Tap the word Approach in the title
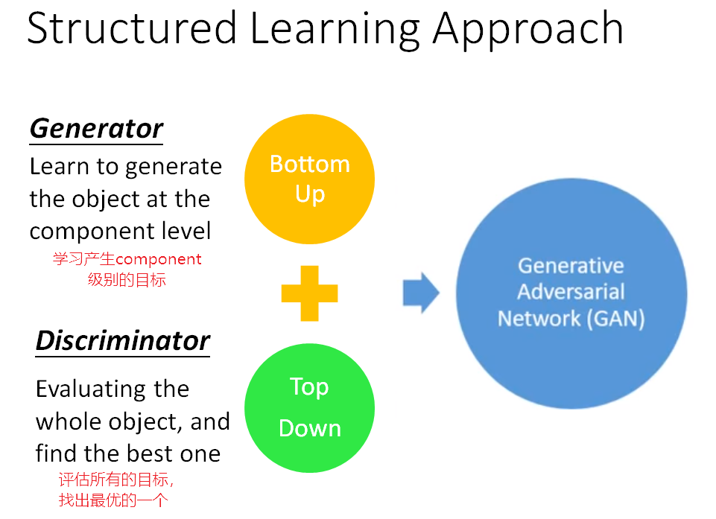[x=528, y=30]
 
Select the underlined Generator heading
[x=96, y=128]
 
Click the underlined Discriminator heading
[x=123, y=340]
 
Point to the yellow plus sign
[x=310, y=293]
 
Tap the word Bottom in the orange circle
[x=310, y=164]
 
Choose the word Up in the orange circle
[x=310, y=194]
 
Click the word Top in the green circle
[x=309, y=386]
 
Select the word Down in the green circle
[x=310, y=428]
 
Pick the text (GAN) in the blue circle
[x=615, y=319]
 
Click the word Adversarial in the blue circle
[x=571, y=292]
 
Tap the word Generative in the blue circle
[x=571, y=266]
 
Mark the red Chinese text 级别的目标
[x=127, y=280]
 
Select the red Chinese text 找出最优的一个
[x=113, y=500]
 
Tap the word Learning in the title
[x=335, y=30]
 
